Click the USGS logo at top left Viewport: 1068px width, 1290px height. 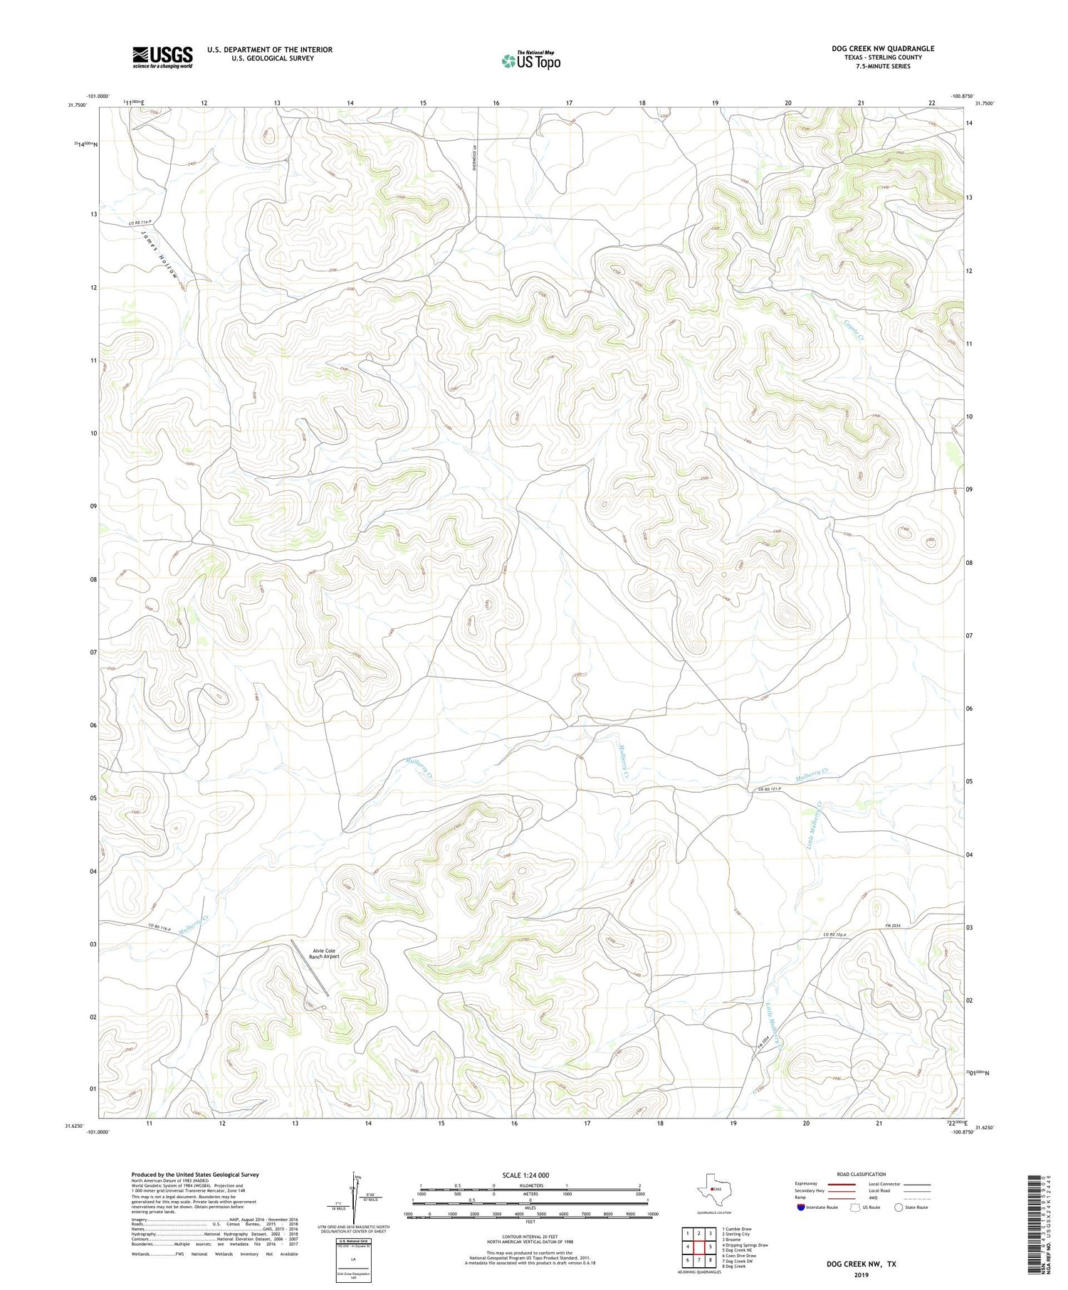pos(162,58)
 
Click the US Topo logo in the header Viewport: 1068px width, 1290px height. pos(531,60)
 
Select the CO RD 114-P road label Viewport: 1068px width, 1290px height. pos(140,224)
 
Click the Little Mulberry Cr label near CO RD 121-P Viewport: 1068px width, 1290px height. pos(815,825)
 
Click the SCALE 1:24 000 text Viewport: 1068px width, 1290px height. pos(525,1175)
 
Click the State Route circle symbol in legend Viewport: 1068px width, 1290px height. pos(899,1207)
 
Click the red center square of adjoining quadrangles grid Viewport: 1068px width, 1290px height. pos(698,1247)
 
